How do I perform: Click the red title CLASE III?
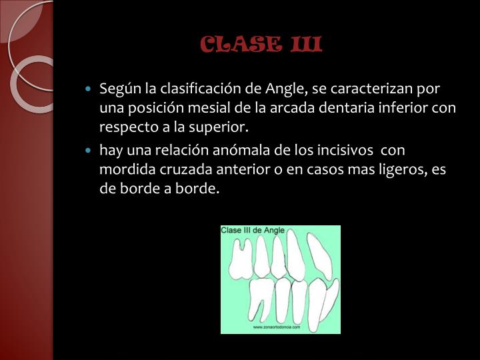pyautogui.click(x=261, y=45)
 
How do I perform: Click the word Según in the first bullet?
pyautogui.click(x=117, y=89)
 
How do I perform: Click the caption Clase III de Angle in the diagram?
pyautogui.click(x=253, y=231)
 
